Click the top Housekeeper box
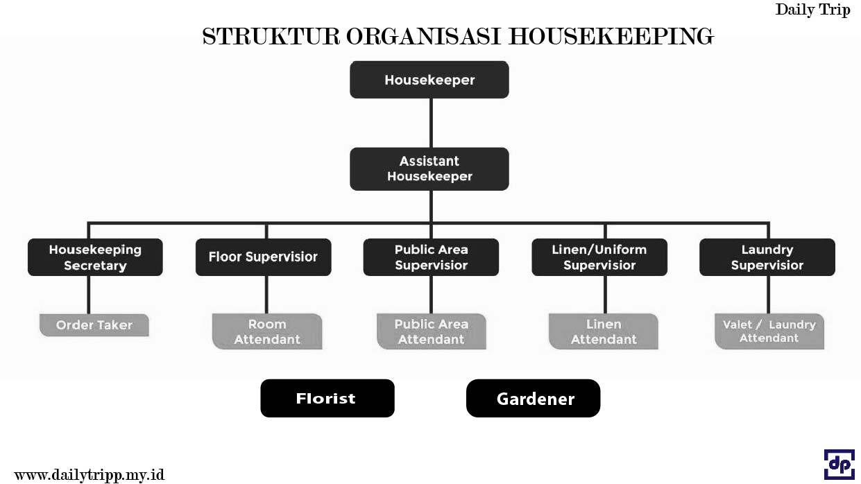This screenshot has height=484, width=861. (429, 80)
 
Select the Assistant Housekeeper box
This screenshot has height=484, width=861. (429, 168)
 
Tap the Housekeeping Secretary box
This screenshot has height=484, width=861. (95, 257)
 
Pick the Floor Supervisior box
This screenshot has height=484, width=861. (263, 257)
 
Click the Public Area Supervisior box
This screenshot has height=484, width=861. (431, 257)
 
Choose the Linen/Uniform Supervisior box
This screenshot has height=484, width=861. (599, 257)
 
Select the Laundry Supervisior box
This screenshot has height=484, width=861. (767, 257)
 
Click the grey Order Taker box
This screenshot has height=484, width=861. (94, 325)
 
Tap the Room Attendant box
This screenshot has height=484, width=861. (267, 331)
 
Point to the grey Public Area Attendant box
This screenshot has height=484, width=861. (432, 331)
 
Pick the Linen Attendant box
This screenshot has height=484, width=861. (603, 331)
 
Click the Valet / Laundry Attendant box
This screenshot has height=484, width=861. (769, 331)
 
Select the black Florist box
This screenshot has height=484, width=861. (327, 398)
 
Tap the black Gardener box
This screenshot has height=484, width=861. (533, 399)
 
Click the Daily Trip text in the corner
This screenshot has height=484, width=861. (812, 10)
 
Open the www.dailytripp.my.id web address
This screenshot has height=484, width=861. (89, 475)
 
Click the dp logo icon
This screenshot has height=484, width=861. (839, 465)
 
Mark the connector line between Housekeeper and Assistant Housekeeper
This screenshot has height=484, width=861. (431, 123)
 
